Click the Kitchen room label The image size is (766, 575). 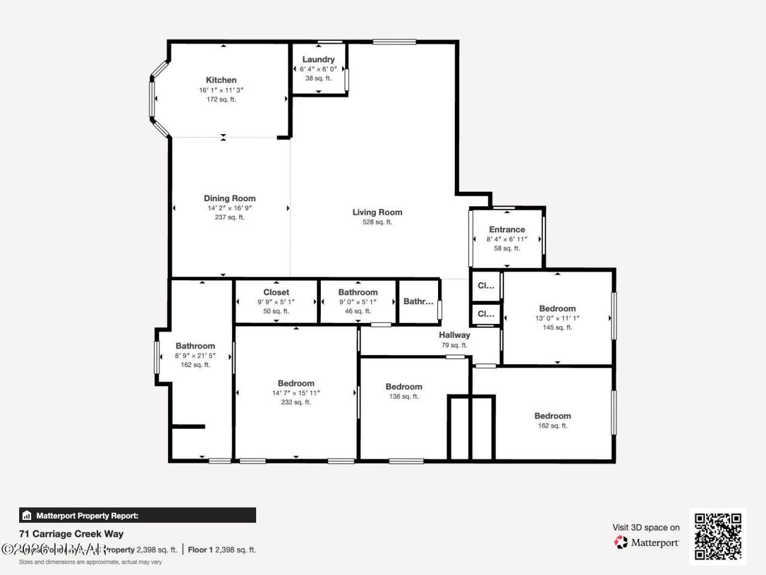(221, 80)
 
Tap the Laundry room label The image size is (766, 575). (318, 59)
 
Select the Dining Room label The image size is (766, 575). (229, 198)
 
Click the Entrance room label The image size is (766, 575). (507, 229)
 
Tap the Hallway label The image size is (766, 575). (454, 335)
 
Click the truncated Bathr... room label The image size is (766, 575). (418, 301)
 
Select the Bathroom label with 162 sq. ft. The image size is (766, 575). (195, 346)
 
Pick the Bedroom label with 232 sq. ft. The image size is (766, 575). (296, 384)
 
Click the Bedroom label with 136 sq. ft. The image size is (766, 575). (403, 387)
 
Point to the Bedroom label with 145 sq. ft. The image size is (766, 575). (557, 309)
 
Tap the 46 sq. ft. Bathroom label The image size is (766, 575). (358, 292)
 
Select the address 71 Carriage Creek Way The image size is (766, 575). (71, 534)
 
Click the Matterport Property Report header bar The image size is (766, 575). (138, 515)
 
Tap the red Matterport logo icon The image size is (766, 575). (621, 542)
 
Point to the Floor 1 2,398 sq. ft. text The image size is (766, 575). (222, 549)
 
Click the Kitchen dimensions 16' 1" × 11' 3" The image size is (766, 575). (221, 90)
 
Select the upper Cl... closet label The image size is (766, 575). (485, 286)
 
